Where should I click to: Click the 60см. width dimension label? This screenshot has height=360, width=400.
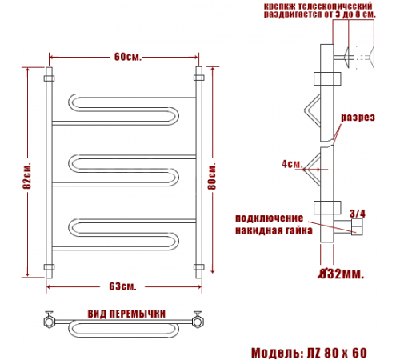(128, 57)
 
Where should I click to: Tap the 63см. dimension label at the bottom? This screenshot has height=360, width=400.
(122, 286)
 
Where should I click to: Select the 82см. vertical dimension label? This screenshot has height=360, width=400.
(27, 175)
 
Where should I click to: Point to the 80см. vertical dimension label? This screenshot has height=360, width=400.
(212, 176)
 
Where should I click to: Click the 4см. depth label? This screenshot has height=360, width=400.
(292, 164)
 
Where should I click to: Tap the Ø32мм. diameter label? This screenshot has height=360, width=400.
(342, 274)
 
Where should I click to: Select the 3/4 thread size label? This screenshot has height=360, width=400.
(358, 214)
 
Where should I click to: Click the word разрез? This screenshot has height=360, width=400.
(358, 118)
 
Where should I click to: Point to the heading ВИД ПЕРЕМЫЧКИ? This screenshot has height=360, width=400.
(126, 314)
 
